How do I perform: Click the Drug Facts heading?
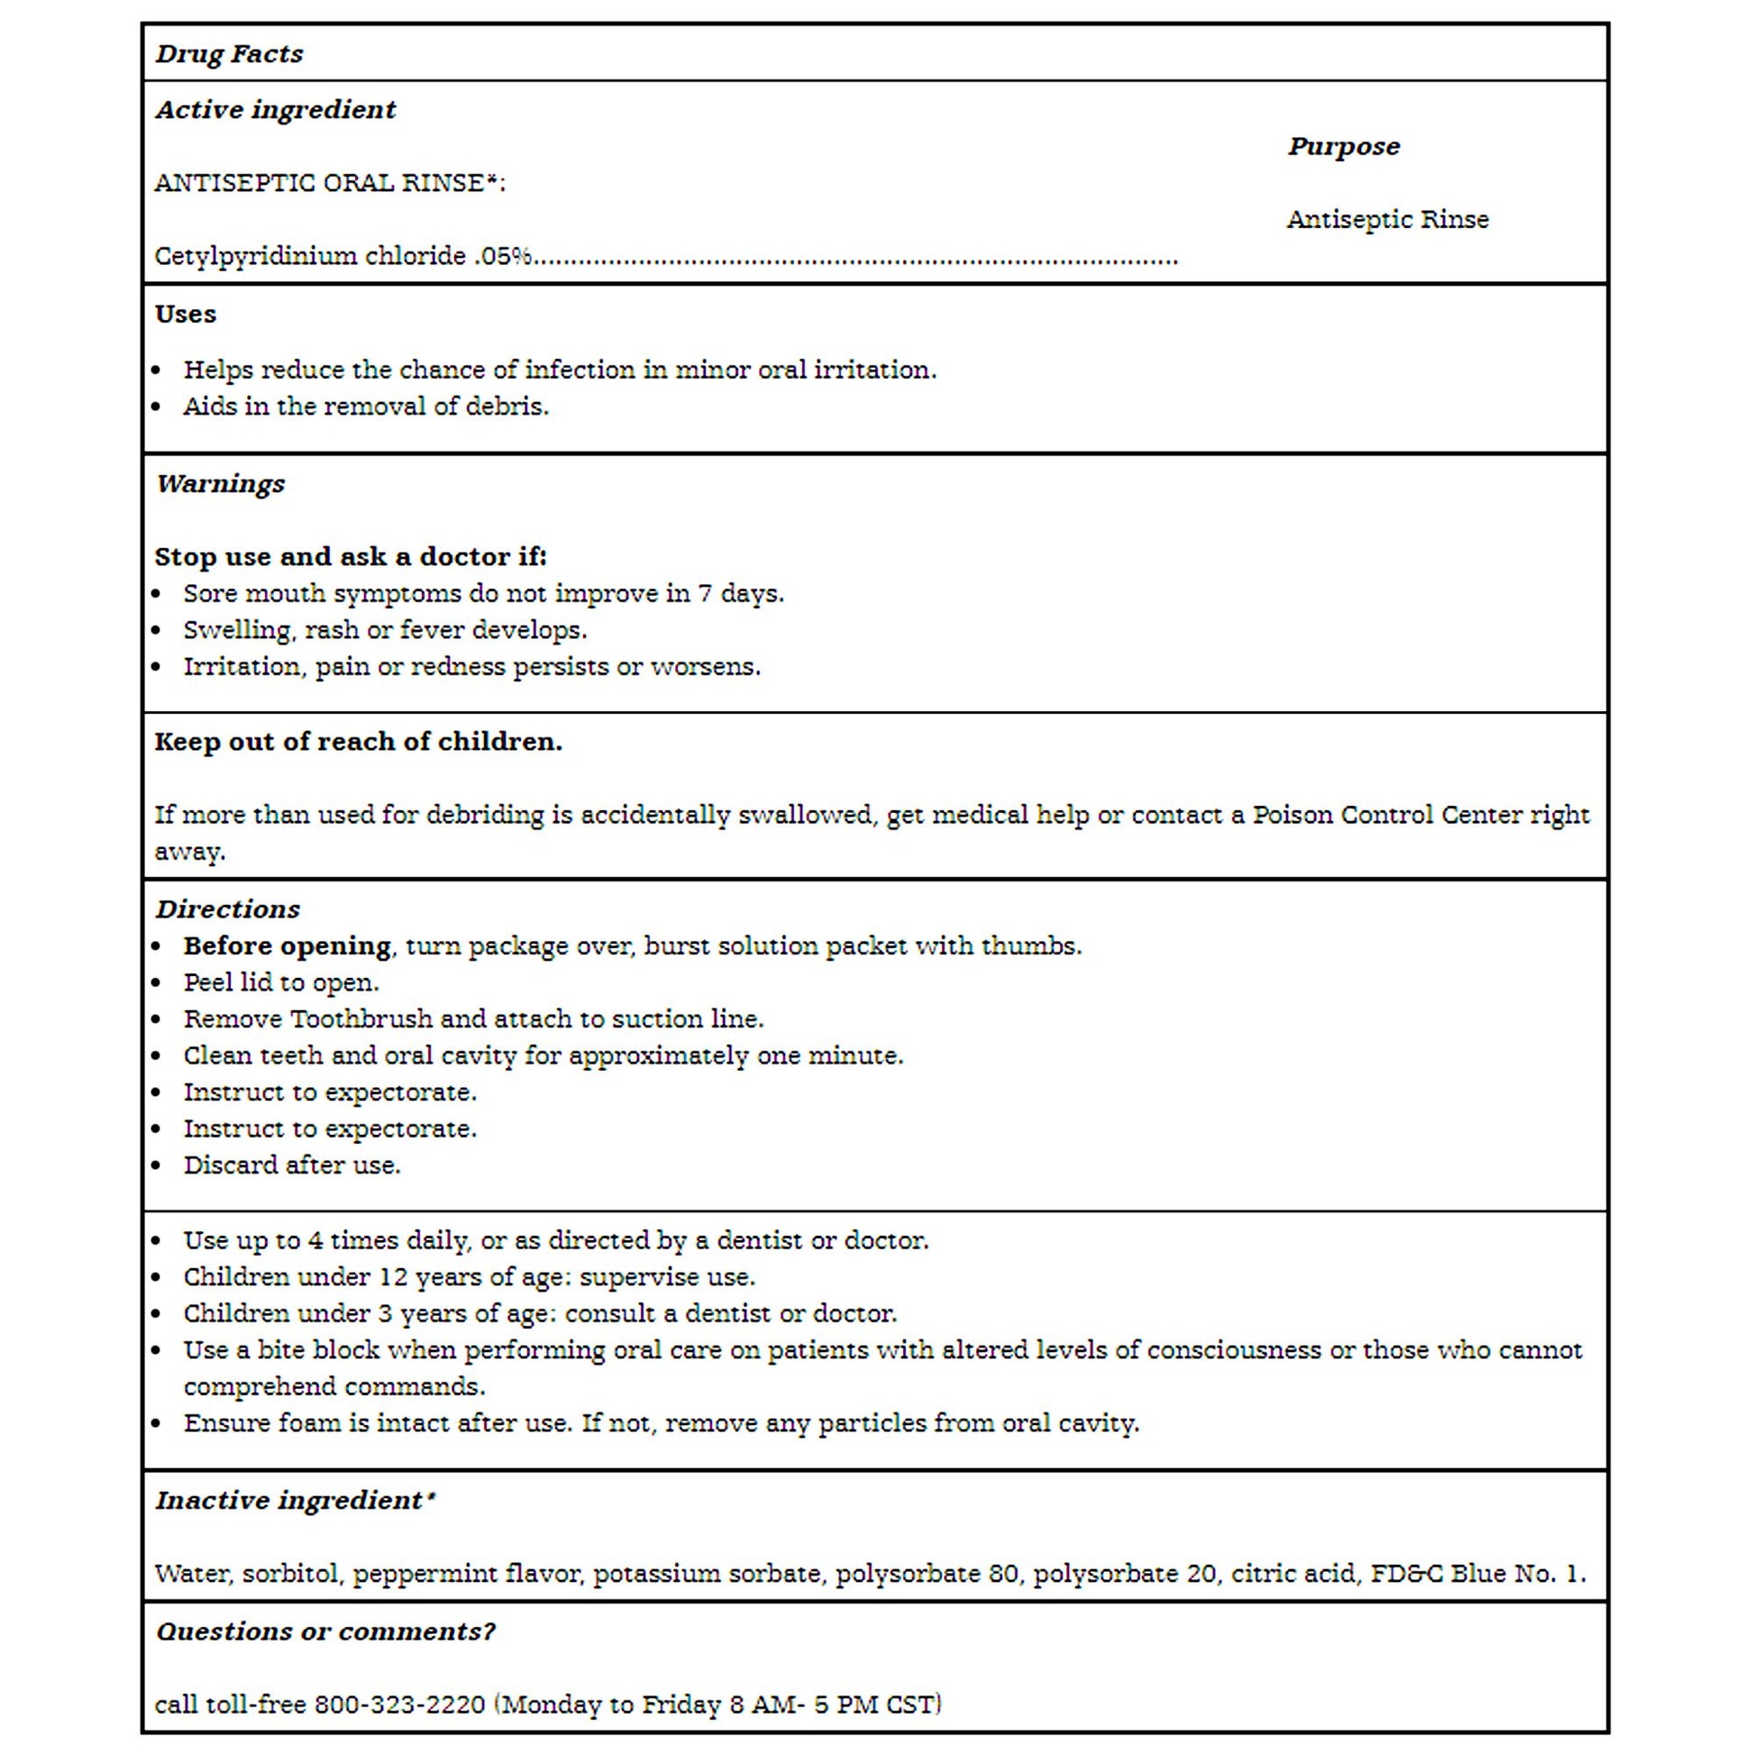(x=229, y=53)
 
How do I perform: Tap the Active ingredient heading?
(x=275, y=110)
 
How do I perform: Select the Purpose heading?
(x=1344, y=146)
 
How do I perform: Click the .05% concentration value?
(x=503, y=256)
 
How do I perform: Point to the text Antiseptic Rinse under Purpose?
(x=1387, y=220)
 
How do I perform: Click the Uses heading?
(x=185, y=315)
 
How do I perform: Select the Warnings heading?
(x=220, y=484)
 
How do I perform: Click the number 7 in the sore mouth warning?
(x=705, y=594)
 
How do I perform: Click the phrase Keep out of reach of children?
(x=358, y=742)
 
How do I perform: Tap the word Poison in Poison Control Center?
(x=1292, y=815)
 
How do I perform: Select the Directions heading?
(x=227, y=909)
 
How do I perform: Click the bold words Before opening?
(x=287, y=946)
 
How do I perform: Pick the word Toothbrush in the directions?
(x=361, y=1019)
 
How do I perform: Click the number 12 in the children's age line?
(x=392, y=1276)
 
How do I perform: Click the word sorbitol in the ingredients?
(x=289, y=1574)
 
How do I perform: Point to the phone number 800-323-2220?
(x=399, y=1704)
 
